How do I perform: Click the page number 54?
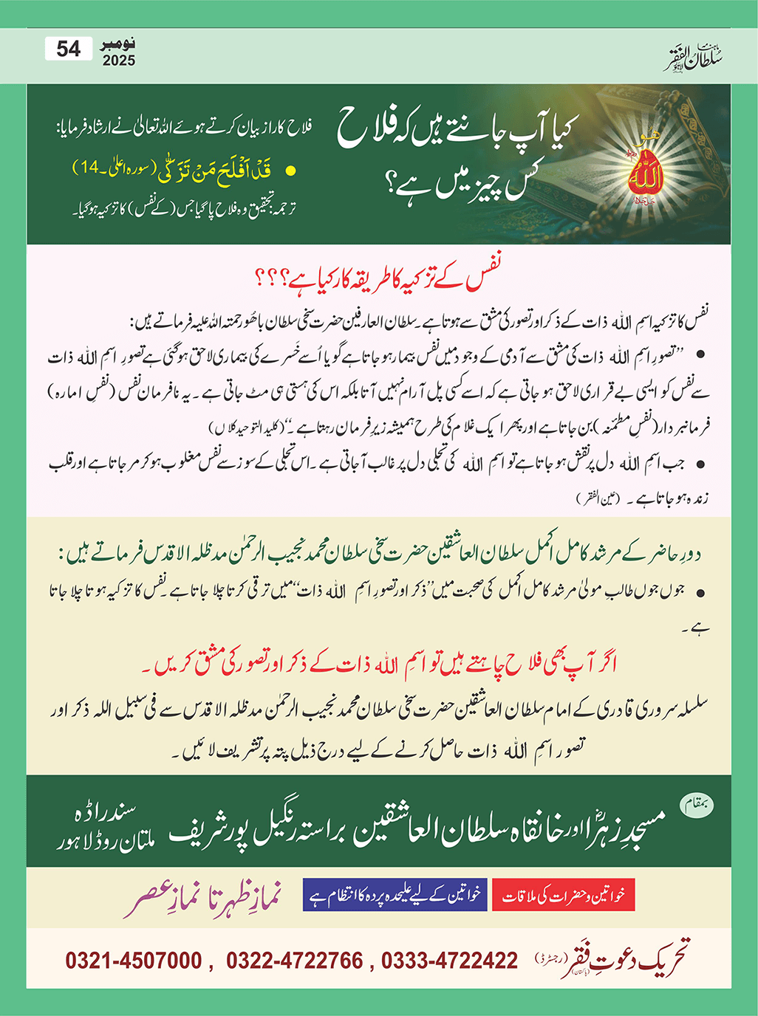point(68,49)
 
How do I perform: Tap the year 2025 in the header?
point(119,61)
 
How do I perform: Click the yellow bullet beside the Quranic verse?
point(290,171)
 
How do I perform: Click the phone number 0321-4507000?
point(134,961)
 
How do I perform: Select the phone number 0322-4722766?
point(294,961)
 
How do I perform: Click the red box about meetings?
point(563,896)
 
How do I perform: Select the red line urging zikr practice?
point(379,663)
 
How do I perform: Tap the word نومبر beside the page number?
point(118,46)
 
